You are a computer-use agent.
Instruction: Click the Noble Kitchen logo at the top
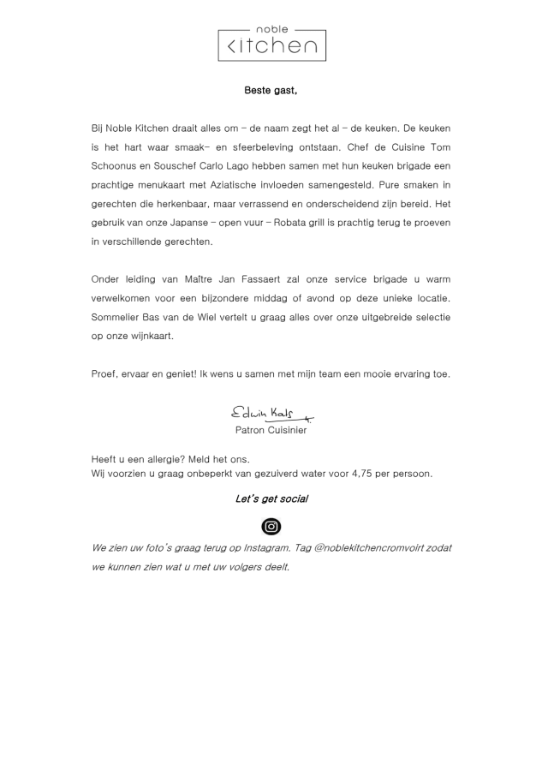(x=271, y=40)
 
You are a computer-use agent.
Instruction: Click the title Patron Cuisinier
(x=271, y=430)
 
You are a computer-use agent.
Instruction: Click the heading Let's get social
(x=271, y=498)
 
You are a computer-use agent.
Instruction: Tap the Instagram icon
(x=271, y=527)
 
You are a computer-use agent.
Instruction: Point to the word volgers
(x=240, y=567)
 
